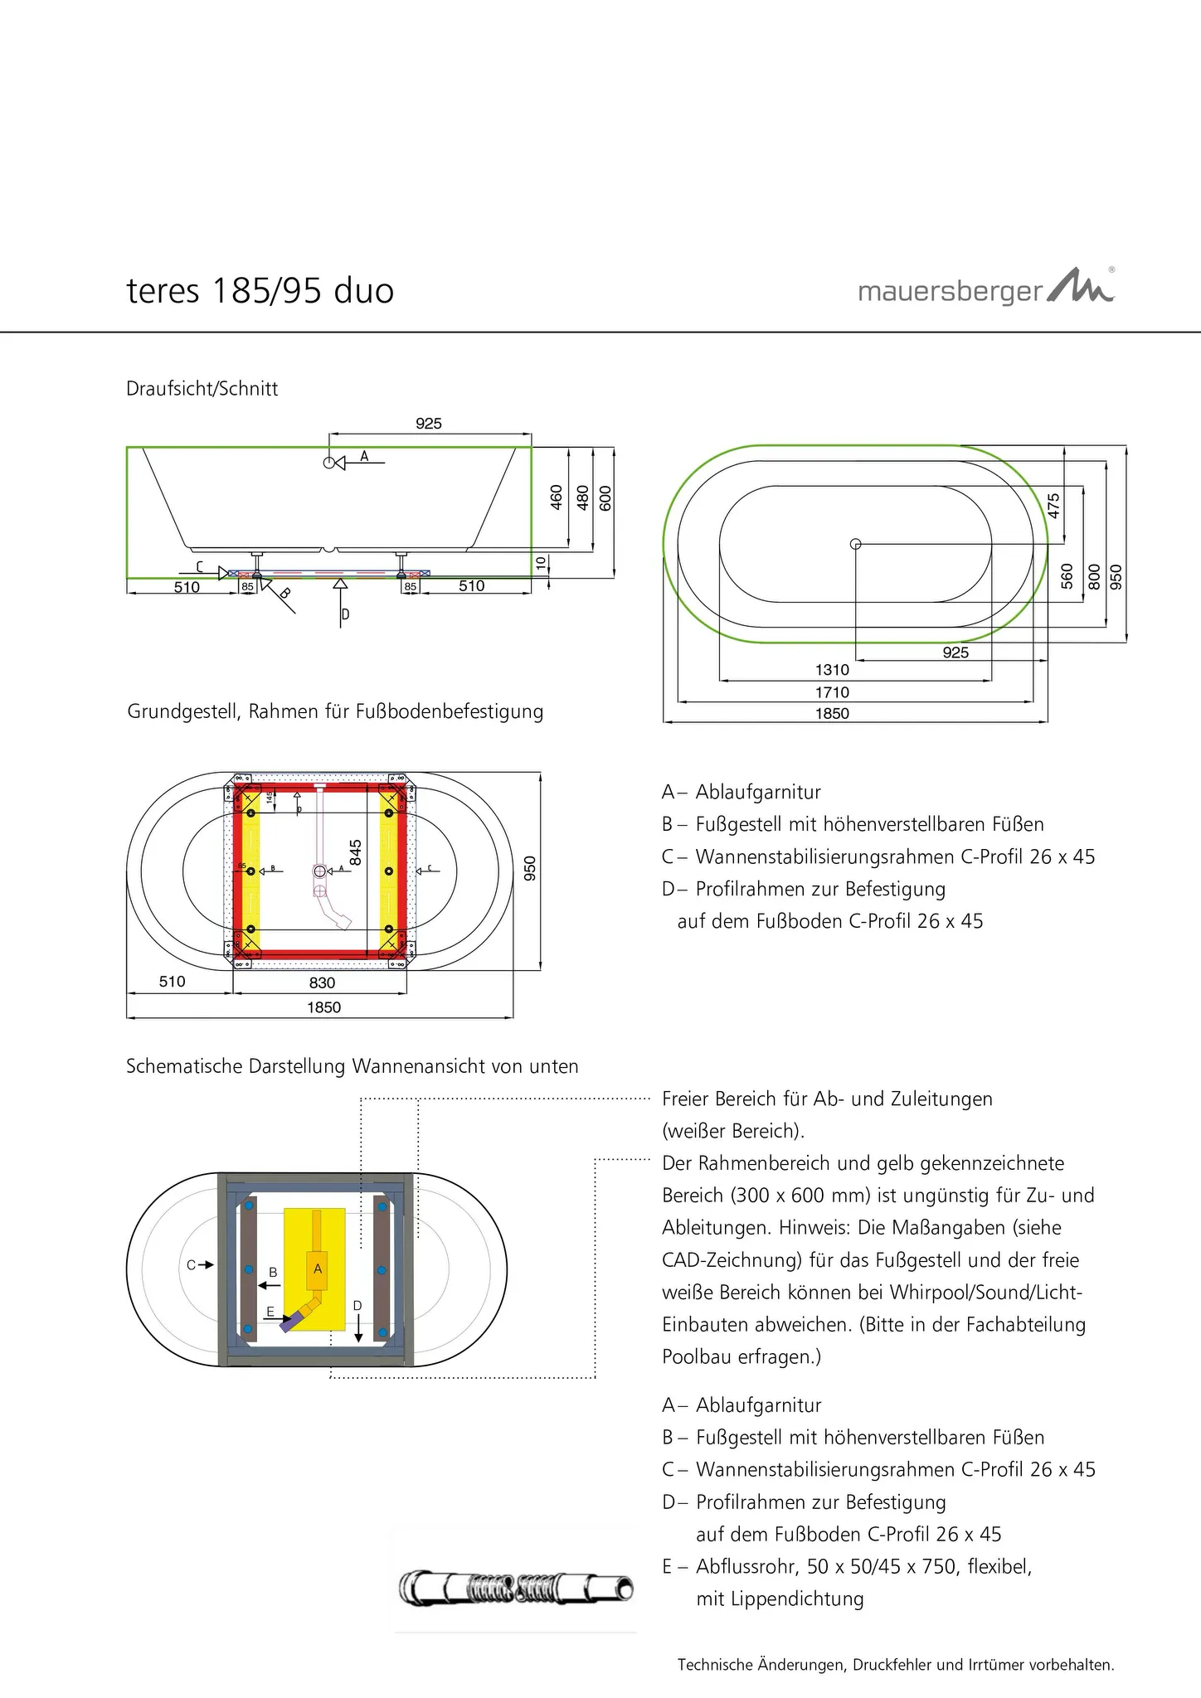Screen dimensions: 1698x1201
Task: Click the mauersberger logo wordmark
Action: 950,293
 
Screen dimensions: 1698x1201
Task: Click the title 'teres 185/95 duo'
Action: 260,291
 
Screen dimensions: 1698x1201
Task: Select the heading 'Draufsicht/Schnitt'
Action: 202,388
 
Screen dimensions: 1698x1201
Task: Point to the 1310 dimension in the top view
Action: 832,670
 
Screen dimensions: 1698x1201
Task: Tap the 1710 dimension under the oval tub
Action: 832,692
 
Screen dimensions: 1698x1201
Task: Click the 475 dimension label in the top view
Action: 1053,506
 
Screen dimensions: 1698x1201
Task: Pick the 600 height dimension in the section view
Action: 605,497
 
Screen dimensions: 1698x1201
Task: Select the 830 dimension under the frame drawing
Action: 322,982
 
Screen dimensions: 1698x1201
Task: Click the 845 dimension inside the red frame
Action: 355,853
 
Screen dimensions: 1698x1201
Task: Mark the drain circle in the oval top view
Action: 856,544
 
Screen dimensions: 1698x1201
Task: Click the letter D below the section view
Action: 345,614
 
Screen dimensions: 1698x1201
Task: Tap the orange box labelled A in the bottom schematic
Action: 317,1269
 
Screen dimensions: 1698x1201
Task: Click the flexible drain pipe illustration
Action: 516,1589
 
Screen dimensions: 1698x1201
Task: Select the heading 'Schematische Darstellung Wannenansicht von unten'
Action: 352,1066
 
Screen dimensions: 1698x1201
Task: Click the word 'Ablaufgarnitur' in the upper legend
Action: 758,792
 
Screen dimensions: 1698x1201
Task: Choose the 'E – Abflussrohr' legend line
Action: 847,1566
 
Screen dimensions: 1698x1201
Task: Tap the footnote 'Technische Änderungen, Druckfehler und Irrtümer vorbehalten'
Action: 896,1664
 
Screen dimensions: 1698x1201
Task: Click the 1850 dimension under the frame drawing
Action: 323,1007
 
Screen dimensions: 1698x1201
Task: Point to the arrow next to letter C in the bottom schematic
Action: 207,1265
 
